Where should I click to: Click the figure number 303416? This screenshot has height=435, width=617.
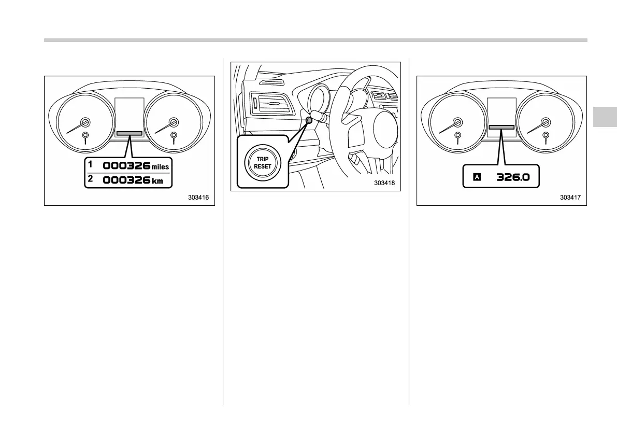[202, 198]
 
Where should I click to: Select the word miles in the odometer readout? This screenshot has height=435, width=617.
[160, 167]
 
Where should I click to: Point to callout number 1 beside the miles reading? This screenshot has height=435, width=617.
[90, 164]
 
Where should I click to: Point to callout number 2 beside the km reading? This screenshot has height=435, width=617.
[90, 178]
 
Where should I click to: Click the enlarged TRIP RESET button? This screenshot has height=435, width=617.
[263, 162]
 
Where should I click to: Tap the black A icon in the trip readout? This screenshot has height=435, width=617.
[477, 177]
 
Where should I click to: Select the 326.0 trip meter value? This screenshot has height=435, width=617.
[513, 177]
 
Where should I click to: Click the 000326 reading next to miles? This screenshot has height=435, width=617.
[126, 166]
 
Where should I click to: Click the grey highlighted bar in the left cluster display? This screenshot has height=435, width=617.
[130, 133]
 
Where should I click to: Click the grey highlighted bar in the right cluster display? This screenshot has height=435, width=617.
[501, 127]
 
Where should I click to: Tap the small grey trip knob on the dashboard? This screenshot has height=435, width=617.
[309, 120]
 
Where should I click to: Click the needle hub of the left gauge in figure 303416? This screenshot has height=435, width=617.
[85, 122]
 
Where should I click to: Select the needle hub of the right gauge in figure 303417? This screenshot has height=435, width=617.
[545, 122]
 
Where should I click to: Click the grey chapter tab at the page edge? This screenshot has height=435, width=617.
[604, 117]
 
